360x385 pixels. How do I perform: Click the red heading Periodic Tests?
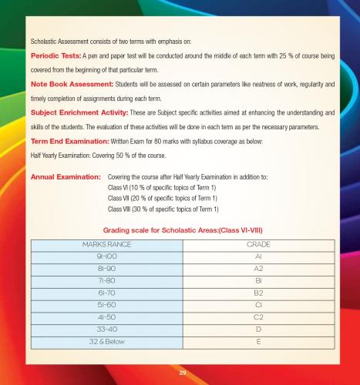click(x=55, y=57)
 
